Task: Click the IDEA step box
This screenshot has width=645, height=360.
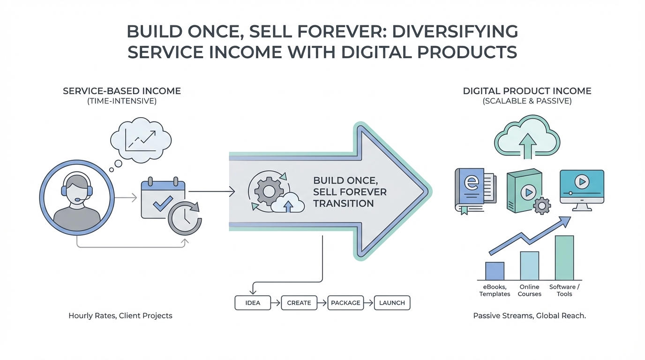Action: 253,303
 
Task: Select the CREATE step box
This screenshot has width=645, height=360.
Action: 299,303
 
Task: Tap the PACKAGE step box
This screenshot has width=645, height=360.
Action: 345,303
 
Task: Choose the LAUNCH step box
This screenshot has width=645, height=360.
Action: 392,303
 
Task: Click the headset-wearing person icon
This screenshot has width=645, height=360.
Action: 77,197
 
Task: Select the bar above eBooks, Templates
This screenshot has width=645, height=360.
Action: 495,271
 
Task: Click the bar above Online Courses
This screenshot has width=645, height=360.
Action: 530,266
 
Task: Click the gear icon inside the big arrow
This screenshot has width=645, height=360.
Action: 269,191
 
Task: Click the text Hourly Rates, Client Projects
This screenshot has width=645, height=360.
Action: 120,316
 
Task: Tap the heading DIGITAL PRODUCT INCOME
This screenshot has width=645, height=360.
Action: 527,91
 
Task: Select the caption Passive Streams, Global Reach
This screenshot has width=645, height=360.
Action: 530,316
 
